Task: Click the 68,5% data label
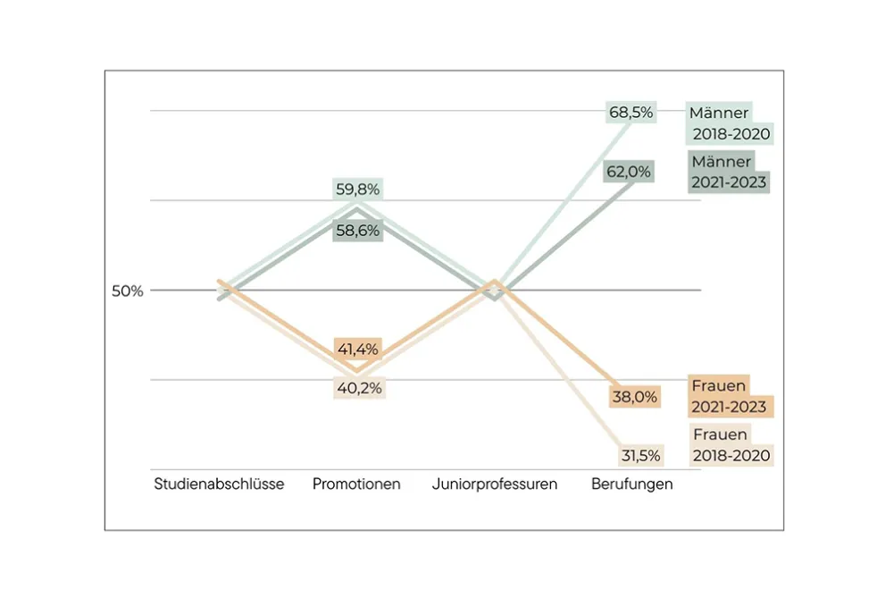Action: pyautogui.click(x=631, y=113)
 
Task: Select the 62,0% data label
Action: pyautogui.click(x=628, y=171)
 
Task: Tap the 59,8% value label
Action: pyautogui.click(x=357, y=190)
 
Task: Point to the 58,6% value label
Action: pyautogui.click(x=357, y=231)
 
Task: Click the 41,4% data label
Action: pyautogui.click(x=357, y=349)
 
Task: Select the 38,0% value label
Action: pyautogui.click(x=635, y=396)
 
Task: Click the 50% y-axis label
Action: pyautogui.click(x=127, y=291)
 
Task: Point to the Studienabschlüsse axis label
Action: pyautogui.click(x=219, y=485)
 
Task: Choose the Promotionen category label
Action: pyautogui.click(x=356, y=485)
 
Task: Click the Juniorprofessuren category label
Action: pyautogui.click(x=495, y=485)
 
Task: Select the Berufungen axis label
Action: pyautogui.click(x=632, y=485)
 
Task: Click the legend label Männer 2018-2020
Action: pyautogui.click(x=729, y=124)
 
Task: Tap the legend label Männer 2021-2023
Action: pyautogui.click(x=729, y=172)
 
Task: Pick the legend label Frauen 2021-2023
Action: pyautogui.click(x=729, y=396)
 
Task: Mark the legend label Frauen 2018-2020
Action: pyautogui.click(x=731, y=444)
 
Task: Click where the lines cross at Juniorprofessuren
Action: pyautogui.click(x=496, y=290)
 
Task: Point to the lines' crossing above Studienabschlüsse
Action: pyautogui.click(x=225, y=290)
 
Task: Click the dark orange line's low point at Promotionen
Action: pyautogui.click(x=357, y=369)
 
